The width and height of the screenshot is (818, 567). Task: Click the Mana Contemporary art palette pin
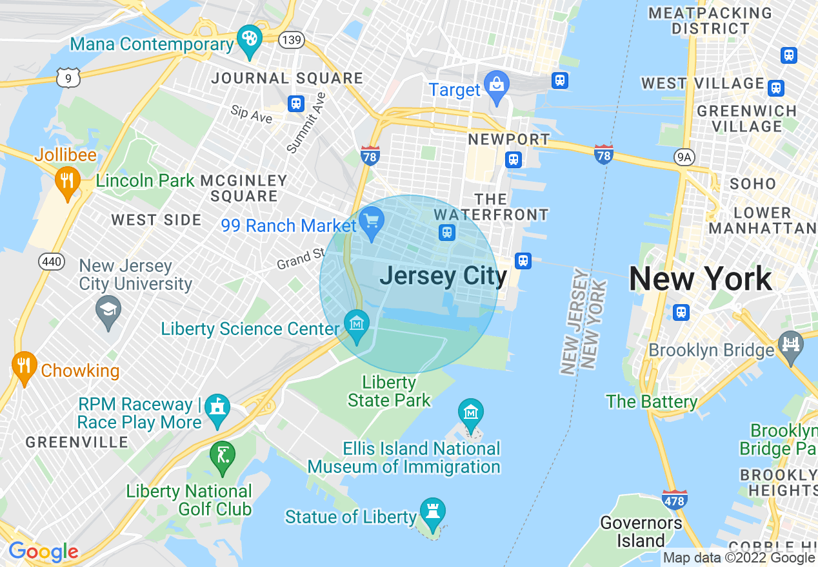(x=248, y=40)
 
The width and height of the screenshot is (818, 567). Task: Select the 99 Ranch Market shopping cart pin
(x=372, y=223)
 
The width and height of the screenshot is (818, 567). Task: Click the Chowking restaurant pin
(x=24, y=367)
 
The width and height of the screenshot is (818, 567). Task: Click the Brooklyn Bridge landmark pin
(x=791, y=345)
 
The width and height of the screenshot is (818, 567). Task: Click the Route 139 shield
(x=292, y=40)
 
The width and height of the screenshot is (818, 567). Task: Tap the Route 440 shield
(x=50, y=261)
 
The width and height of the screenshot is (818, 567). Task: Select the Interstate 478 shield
(x=673, y=499)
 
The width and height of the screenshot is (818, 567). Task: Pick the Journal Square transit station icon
(x=296, y=103)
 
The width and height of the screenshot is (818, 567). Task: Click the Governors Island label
(x=641, y=532)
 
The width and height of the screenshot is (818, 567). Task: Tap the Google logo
(x=43, y=552)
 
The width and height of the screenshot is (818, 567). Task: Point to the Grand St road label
(x=301, y=259)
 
